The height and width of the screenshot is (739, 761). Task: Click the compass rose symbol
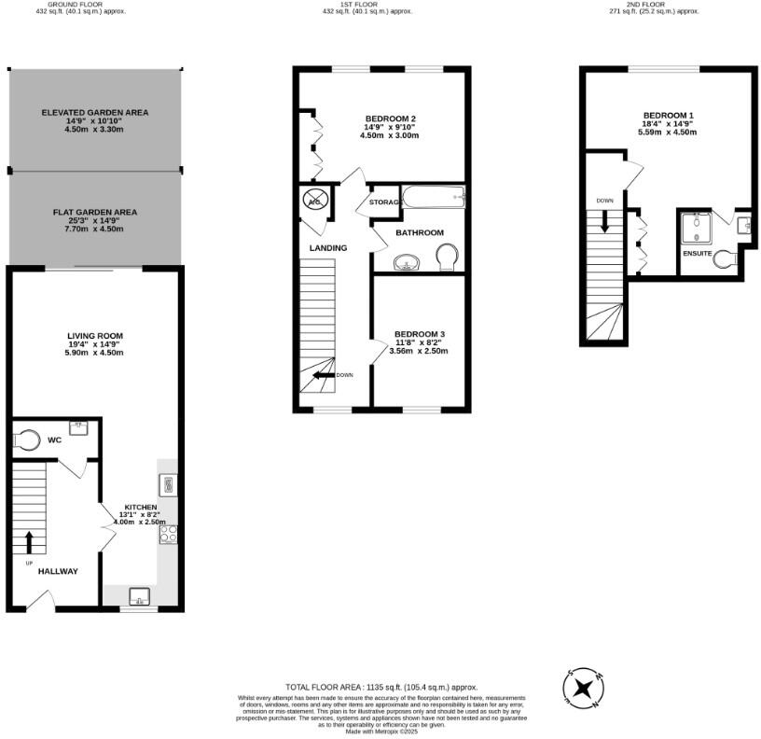pyautogui.click(x=585, y=689)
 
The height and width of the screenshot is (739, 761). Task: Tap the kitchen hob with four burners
pyautogui.click(x=169, y=535)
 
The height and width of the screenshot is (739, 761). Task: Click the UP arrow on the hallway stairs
pyautogui.click(x=29, y=542)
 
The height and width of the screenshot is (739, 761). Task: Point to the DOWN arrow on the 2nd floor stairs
pyautogui.click(x=604, y=221)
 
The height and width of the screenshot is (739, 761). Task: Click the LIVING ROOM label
pyautogui.click(x=95, y=336)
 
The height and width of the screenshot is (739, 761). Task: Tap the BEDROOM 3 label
pyautogui.click(x=419, y=334)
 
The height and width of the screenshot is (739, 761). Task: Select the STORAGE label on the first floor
pyautogui.click(x=385, y=202)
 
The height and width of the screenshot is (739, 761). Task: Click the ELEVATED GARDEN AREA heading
pyautogui.click(x=94, y=112)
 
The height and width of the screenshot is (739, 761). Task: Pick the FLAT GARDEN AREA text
pyautogui.click(x=94, y=212)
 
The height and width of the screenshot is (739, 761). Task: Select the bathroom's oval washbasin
pyautogui.click(x=407, y=261)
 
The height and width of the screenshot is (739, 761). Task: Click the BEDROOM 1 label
pyautogui.click(x=667, y=115)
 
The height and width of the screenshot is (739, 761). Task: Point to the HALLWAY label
pyautogui.click(x=58, y=571)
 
